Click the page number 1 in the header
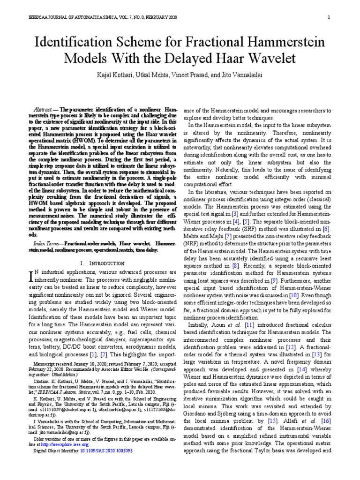[330, 18]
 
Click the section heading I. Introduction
[103, 264]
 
